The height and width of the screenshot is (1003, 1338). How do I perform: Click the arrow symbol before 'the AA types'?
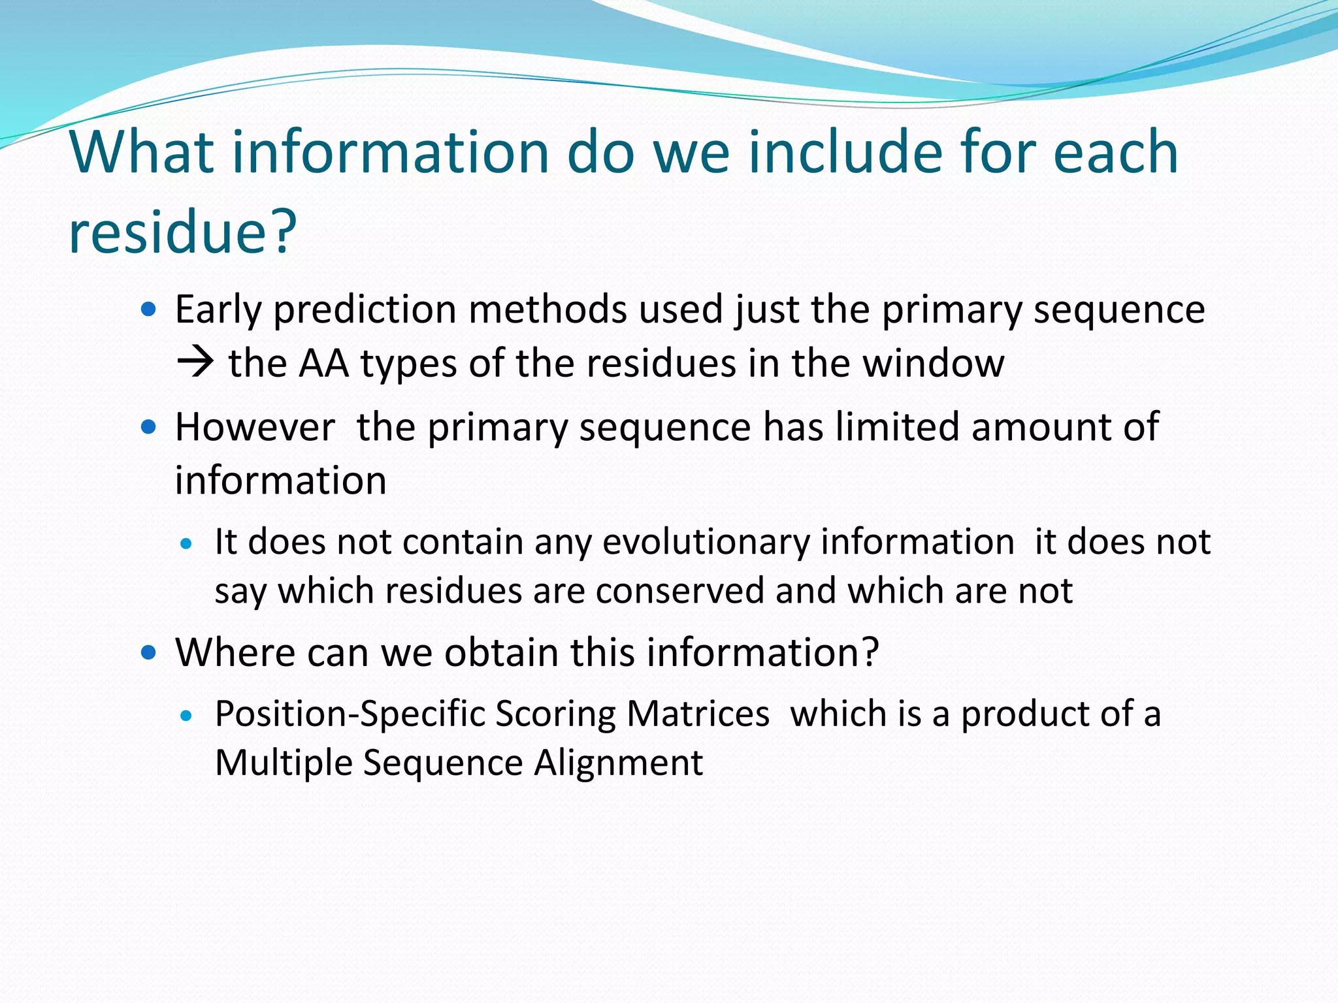click(x=195, y=363)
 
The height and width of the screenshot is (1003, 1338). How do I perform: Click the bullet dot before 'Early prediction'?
click(x=149, y=309)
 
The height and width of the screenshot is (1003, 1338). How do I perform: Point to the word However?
click(x=255, y=427)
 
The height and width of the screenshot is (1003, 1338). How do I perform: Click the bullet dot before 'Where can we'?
click(x=149, y=652)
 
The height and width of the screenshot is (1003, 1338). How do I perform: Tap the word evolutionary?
click(x=705, y=542)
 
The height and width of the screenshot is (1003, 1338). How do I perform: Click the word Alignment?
click(x=618, y=762)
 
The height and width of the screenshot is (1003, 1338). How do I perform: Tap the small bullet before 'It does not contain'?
click(x=187, y=543)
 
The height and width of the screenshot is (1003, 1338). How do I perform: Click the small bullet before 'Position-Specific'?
click(x=187, y=715)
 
